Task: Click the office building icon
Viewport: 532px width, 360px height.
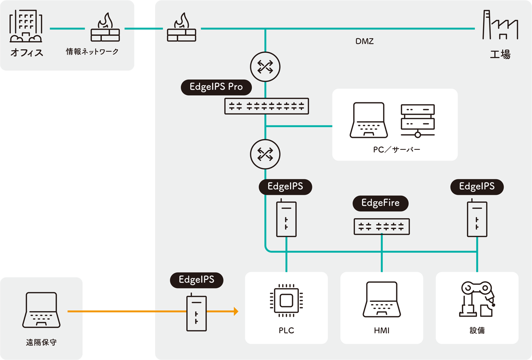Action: coord(26,26)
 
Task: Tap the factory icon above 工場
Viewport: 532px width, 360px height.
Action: coord(500,25)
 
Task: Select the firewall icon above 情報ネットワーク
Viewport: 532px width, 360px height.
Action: coord(105,27)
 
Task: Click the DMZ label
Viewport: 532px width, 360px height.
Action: coord(364,41)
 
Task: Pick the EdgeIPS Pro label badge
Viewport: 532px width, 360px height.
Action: coord(216,87)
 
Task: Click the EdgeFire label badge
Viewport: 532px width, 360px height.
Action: coord(380,203)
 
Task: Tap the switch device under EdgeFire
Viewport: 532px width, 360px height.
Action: coord(382,227)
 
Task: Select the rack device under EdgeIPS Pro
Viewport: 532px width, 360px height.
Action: coord(266,106)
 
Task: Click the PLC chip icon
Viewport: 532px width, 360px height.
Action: coord(286,301)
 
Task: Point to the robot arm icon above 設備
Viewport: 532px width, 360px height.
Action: coord(477,299)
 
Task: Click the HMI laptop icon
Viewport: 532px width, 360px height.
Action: coord(382,299)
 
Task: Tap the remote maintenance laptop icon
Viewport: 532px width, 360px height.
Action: coord(41,310)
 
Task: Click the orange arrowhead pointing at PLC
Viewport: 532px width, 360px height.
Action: coord(236,311)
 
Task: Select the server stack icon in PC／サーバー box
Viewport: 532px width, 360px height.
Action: coord(418,121)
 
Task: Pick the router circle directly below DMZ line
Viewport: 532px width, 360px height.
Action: coord(265,67)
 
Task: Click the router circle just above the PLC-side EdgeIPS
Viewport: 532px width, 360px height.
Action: coord(265,154)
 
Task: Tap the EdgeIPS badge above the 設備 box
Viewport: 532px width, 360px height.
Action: coord(477,187)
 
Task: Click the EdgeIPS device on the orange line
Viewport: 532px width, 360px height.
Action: coord(196,312)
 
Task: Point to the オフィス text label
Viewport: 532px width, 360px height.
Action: coord(27,53)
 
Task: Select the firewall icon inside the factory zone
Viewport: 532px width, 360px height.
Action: coord(182,27)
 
